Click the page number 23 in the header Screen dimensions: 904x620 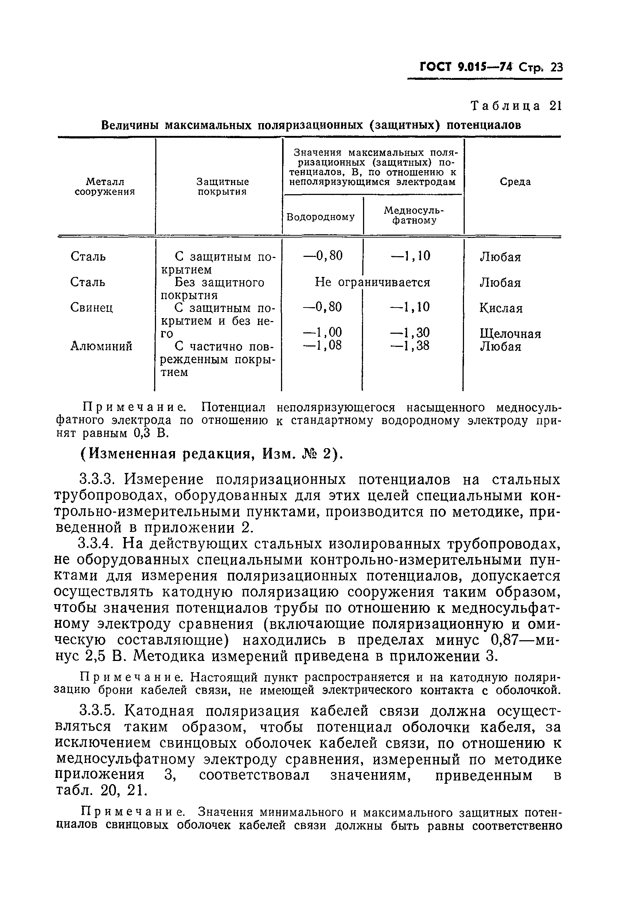point(557,68)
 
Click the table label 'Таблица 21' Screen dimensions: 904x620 point(516,106)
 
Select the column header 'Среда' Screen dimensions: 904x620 point(515,182)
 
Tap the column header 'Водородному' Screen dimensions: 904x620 point(321,217)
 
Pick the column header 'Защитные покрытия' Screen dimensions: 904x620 point(222,187)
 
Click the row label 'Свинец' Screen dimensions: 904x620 point(92,308)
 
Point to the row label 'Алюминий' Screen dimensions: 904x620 point(101,346)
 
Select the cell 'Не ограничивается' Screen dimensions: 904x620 point(373,282)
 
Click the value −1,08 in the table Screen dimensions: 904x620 point(322,345)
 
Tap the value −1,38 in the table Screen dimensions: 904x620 point(411,345)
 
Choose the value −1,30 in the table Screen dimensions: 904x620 point(411,333)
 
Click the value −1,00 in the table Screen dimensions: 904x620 point(322,333)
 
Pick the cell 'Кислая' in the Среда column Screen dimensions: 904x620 point(500,308)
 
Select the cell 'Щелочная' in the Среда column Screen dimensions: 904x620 point(510,334)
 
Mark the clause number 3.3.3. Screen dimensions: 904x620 point(98,480)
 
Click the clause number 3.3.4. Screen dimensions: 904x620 point(98,544)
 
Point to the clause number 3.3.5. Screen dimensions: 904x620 point(98,711)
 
